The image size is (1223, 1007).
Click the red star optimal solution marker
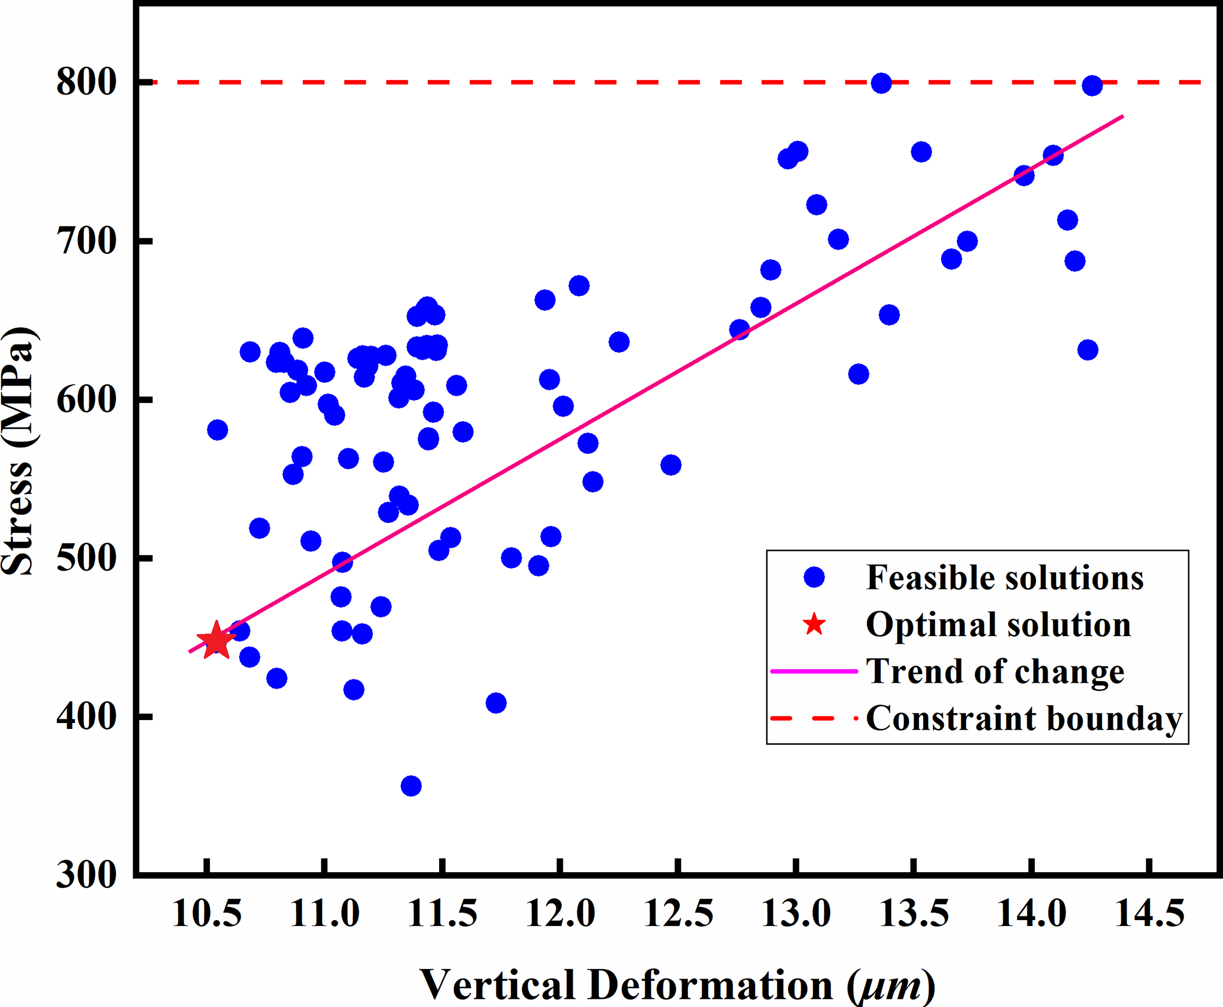[x=216, y=640]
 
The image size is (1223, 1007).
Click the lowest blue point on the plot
[x=411, y=786]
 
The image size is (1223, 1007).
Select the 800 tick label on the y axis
[x=85, y=82]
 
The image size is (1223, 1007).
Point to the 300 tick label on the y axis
[x=85, y=875]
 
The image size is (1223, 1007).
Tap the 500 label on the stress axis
[x=85, y=558]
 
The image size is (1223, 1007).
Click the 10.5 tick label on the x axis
[x=206, y=912]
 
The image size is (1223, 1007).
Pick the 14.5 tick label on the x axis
[x=1150, y=912]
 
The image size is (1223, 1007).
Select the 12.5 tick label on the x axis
[x=679, y=912]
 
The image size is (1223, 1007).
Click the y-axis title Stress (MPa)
[x=19, y=451]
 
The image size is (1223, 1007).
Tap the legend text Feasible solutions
[x=1005, y=577]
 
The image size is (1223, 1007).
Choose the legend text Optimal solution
[x=998, y=624]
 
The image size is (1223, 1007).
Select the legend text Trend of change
[x=995, y=671]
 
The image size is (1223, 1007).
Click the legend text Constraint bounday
[x=1024, y=718]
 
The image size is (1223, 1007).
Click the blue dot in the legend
[x=814, y=577]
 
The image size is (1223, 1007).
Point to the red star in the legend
[x=814, y=624]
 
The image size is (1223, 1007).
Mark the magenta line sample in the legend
[x=814, y=672]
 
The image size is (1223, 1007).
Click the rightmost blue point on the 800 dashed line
[x=1092, y=86]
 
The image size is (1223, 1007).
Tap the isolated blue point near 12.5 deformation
[x=670, y=465]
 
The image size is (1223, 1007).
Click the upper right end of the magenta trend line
[x=1122, y=117]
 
